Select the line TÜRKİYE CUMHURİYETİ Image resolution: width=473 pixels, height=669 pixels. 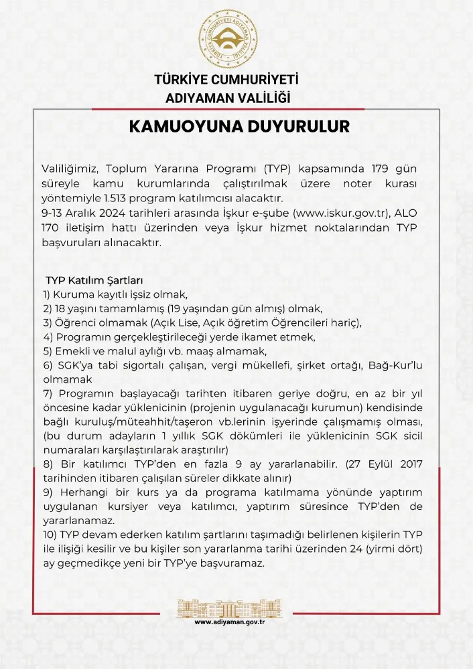pyautogui.click(x=226, y=80)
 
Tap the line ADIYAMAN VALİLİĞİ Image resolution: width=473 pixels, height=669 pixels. pyautogui.click(x=228, y=98)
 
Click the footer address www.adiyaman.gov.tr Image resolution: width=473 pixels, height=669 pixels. pyautogui.click(x=231, y=622)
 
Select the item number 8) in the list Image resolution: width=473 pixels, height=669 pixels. pyautogui.click(x=48, y=464)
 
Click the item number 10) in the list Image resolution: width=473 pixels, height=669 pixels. pyautogui.click(x=50, y=534)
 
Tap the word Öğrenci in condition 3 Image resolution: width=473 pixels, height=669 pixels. pyautogui.click(x=73, y=322)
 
